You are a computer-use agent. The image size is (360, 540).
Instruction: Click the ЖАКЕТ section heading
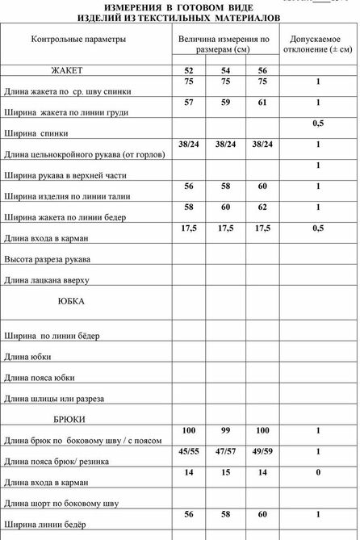coord(67,70)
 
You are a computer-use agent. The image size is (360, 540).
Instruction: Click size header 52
coord(189,70)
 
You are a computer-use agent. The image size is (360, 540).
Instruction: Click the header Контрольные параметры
coord(78,39)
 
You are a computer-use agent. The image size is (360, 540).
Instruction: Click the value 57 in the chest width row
coord(189,103)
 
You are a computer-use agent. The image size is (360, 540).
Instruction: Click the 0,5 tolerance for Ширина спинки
coord(318,123)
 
